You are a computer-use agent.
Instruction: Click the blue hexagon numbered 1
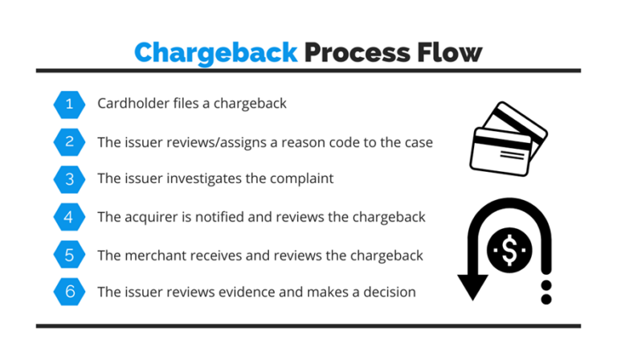[x=69, y=104]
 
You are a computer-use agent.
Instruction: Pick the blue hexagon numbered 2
[x=69, y=142]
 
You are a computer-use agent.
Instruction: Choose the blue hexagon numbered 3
[x=69, y=179]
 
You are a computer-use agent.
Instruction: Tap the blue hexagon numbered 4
[x=69, y=217]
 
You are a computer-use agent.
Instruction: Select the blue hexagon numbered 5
[x=69, y=256]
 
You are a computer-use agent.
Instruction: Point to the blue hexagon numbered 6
[x=69, y=292]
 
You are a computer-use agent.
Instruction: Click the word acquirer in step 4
[x=150, y=217]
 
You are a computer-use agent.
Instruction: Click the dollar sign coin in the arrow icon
[x=509, y=250]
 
